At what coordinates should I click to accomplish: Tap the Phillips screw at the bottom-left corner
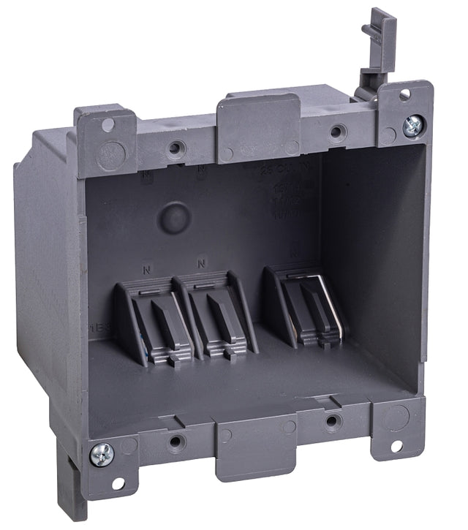pos(102,454)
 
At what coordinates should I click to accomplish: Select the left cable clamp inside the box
pos(151,322)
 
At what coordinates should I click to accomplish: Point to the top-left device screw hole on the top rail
pos(175,148)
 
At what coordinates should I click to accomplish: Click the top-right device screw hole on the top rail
pos(337,132)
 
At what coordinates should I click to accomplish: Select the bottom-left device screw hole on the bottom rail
pos(176,442)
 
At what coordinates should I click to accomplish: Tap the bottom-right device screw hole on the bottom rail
pos(333,421)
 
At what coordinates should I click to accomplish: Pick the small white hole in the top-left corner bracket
pos(107,125)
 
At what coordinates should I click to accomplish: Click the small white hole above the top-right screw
pos(404,94)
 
